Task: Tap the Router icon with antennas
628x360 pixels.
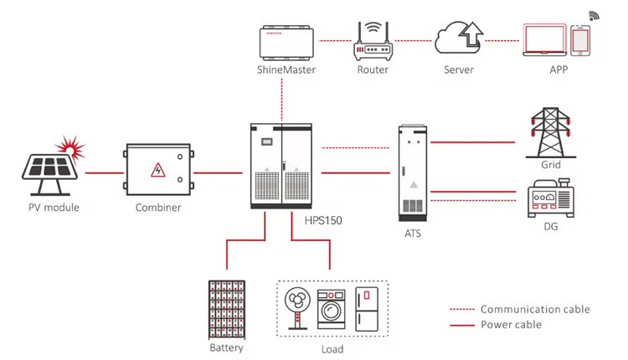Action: [x=373, y=42]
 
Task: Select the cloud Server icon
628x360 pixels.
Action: [x=459, y=39]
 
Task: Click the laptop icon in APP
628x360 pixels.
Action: [x=545, y=39]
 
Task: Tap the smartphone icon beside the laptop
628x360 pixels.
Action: [x=580, y=40]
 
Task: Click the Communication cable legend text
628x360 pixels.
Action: [x=535, y=309]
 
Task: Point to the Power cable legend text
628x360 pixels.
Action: [x=511, y=324]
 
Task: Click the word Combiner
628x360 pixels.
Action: [x=158, y=208]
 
